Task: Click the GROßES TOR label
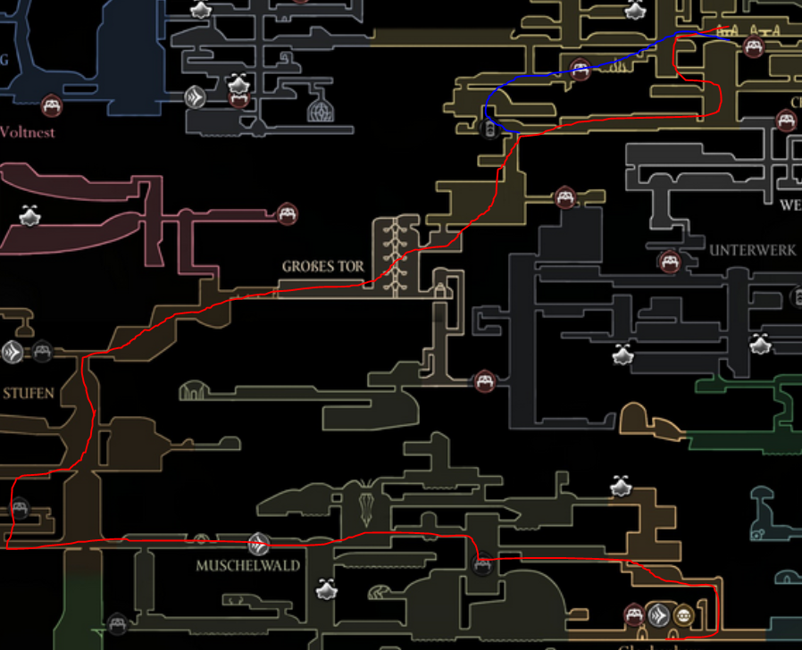click(x=323, y=266)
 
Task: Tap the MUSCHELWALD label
click(x=248, y=565)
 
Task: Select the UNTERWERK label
click(x=752, y=251)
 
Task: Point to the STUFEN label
click(x=28, y=393)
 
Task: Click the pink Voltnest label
click(x=27, y=132)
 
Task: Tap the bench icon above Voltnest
click(x=52, y=106)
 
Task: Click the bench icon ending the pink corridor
click(x=287, y=213)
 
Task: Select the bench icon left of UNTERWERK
click(x=669, y=262)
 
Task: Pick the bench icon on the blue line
click(x=581, y=69)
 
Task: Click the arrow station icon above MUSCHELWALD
click(x=258, y=542)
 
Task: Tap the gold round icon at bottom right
click(x=683, y=613)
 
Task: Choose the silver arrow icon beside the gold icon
click(x=659, y=613)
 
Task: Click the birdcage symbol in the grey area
click(x=321, y=111)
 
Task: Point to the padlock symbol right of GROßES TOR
click(x=439, y=288)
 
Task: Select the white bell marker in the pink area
click(x=30, y=216)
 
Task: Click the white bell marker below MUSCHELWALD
click(x=325, y=589)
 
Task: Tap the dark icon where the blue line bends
click(x=489, y=129)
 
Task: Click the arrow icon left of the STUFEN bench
click(x=12, y=352)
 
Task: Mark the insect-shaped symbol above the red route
click(x=366, y=501)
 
